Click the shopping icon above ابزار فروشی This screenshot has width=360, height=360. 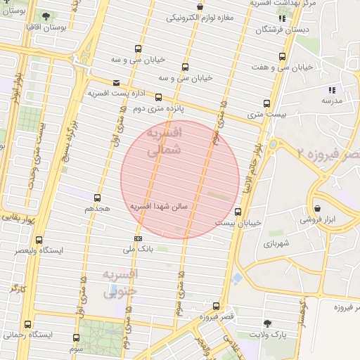(x=318, y=208)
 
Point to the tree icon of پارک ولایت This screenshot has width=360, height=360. (x=266, y=323)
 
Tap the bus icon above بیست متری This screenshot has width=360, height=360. (x=265, y=102)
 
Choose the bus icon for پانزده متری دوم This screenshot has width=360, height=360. (x=158, y=98)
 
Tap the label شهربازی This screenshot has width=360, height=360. (x=262, y=243)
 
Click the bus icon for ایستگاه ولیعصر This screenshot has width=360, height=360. (x=39, y=240)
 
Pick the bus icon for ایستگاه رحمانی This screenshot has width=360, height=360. (x=27, y=324)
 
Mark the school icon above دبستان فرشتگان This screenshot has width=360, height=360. (x=281, y=18)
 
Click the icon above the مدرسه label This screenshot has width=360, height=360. (x=332, y=90)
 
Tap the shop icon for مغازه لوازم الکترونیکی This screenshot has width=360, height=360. (x=201, y=7)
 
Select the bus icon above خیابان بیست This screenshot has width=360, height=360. (x=238, y=211)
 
